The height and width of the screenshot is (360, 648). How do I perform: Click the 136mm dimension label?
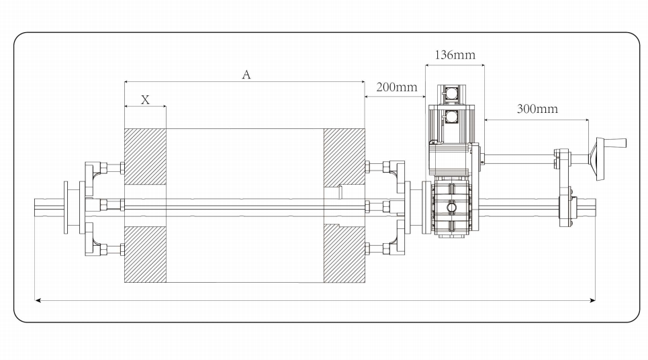(x=455, y=55)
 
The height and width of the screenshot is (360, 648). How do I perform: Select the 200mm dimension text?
(x=397, y=87)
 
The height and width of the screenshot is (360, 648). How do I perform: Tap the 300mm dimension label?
(x=537, y=109)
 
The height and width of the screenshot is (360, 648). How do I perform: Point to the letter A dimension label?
(x=246, y=75)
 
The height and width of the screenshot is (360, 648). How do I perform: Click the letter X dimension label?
(x=145, y=99)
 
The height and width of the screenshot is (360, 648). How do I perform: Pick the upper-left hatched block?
(x=146, y=156)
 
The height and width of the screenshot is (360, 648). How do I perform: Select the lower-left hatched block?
(x=146, y=254)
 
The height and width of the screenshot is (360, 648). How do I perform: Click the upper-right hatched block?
(x=344, y=156)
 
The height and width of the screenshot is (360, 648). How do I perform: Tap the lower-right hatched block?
(x=344, y=253)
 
